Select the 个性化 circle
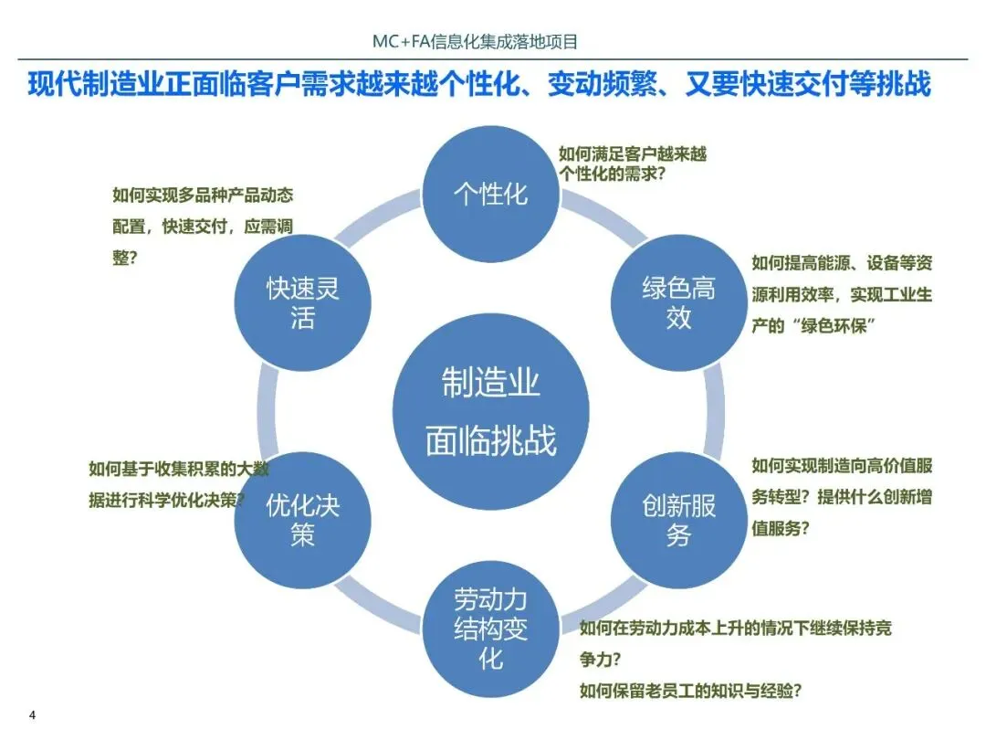tap(491, 193)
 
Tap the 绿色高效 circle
tap(678, 302)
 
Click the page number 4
tap(33, 714)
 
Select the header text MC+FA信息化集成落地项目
tap(476, 42)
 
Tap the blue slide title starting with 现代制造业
tap(479, 85)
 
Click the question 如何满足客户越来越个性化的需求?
tap(633, 164)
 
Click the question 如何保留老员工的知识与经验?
tap(697, 690)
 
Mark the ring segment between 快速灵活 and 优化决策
tap(267, 411)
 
